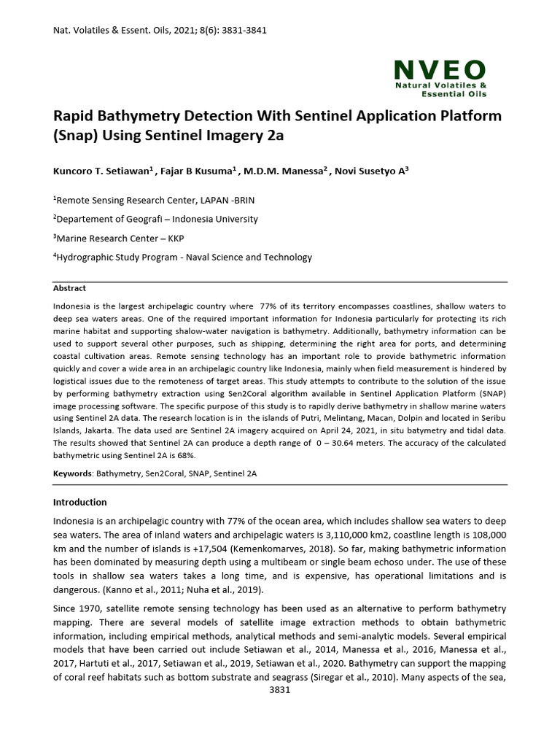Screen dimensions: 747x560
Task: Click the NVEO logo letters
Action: point(440,70)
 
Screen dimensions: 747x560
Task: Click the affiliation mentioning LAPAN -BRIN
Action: point(154,200)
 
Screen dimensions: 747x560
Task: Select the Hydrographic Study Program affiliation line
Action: point(183,257)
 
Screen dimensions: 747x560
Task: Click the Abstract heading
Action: point(69,288)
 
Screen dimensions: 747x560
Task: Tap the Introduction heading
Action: point(80,502)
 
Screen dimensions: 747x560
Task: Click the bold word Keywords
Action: point(72,473)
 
